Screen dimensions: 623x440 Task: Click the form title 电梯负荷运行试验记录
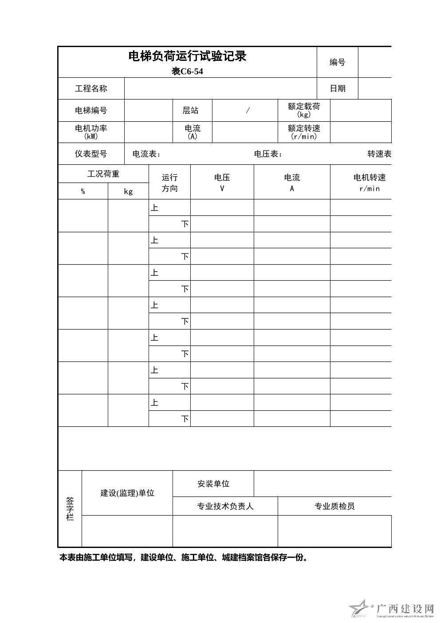pyautogui.click(x=187, y=56)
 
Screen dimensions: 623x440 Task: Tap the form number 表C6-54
pyautogui.click(x=187, y=71)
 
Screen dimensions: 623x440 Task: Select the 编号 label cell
pyautogui.click(x=337, y=63)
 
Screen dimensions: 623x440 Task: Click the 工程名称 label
pyautogui.click(x=91, y=89)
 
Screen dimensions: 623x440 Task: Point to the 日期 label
pyautogui.click(x=338, y=89)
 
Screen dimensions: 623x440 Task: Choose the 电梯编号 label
pyautogui.click(x=91, y=111)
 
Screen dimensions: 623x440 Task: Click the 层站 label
pyautogui.click(x=191, y=111)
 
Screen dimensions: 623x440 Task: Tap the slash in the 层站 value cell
pyautogui.click(x=247, y=111)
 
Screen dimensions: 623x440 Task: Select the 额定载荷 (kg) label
pyautogui.click(x=304, y=110)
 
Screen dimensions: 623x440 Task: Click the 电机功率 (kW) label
pyautogui.click(x=91, y=132)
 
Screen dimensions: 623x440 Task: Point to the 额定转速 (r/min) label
pyautogui.click(x=304, y=132)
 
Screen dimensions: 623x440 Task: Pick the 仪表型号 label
pyautogui.click(x=91, y=154)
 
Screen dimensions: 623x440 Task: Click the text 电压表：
pyautogui.click(x=268, y=154)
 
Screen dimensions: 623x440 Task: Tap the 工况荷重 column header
pyautogui.click(x=103, y=174)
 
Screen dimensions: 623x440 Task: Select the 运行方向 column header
pyautogui.click(x=169, y=183)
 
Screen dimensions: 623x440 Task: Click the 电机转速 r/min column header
pyautogui.click(x=369, y=182)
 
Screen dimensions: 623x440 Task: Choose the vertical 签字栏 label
pyautogui.click(x=70, y=509)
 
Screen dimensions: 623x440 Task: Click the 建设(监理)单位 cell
pyautogui.click(x=127, y=493)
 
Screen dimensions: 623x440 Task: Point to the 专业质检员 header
pyautogui.click(x=334, y=506)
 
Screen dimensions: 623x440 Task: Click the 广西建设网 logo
pyautogui.click(x=393, y=610)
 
